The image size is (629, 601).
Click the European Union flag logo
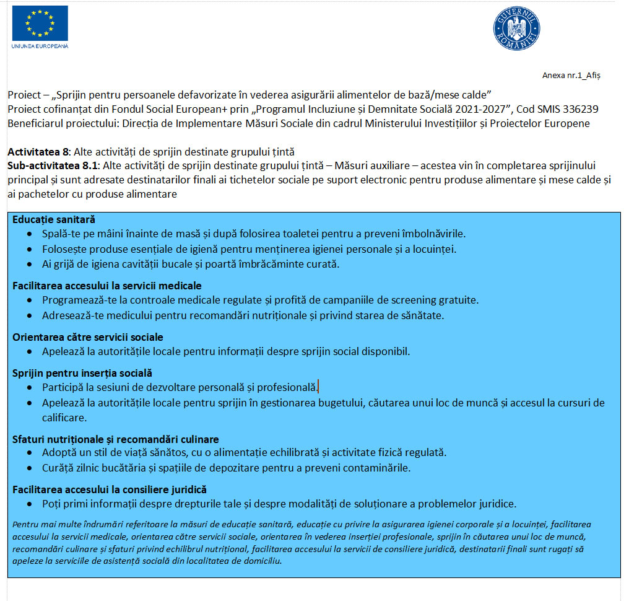(x=40, y=24)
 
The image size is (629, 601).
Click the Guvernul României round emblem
(x=516, y=29)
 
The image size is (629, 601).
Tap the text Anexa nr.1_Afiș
(x=571, y=76)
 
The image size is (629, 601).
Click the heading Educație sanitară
(x=54, y=219)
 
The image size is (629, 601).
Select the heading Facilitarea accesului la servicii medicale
(x=107, y=286)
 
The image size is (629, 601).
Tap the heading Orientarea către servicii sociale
(x=88, y=337)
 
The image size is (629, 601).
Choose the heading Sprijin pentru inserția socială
(x=82, y=373)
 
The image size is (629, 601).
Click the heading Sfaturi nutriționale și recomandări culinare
(x=116, y=439)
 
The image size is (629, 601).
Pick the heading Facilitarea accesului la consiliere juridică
(x=110, y=489)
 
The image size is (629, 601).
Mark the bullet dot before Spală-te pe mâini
(x=32, y=235)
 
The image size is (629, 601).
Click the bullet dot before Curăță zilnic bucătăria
(x=32, y=468)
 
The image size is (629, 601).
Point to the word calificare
(x=64, y=418)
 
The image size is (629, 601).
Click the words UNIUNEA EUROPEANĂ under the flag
(x=40, y=46)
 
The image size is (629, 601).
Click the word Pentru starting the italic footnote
(x=25, y=524)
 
